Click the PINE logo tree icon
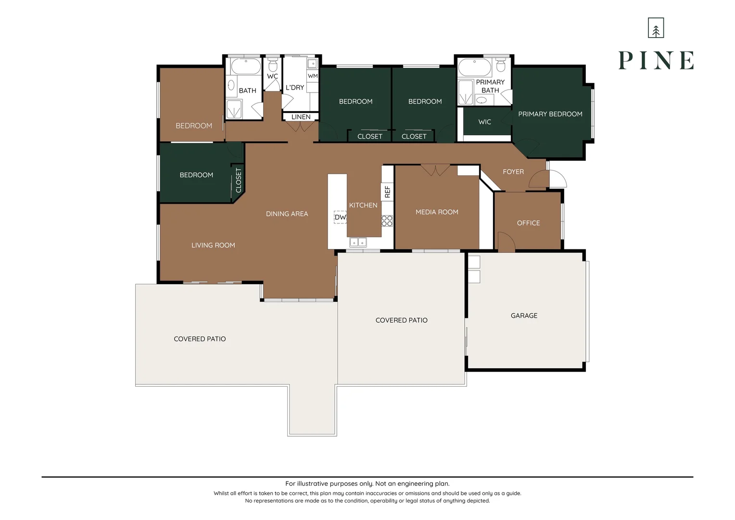coord(656,27)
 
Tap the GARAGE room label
coord(524,316)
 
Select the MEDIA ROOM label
coord(437,212)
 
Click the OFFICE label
coord(528,223)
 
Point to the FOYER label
coord(513,172)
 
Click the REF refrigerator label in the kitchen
coord(388,192)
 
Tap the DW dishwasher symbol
coord(340,217)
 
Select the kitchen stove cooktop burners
coord(387,221)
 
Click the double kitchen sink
coord(358,242)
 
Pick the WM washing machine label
coord(313,76)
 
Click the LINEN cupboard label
coord(301,117)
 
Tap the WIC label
coord(485,122)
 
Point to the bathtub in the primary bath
coord(474,67)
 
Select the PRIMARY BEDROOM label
coord(550,114)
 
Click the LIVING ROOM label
coord(213,246)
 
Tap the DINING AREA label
coord(287,214)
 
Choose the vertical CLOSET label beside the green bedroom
coord(239,181)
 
